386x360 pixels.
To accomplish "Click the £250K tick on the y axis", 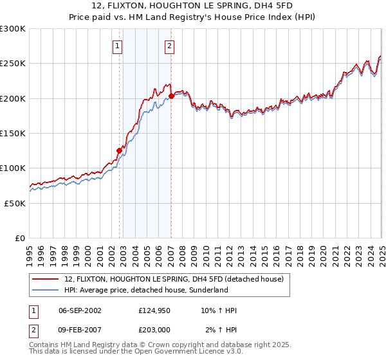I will [x=13, y=64].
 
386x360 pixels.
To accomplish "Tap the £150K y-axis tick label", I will [x=13, y=133].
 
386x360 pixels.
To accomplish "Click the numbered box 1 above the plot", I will [x=118, y=46].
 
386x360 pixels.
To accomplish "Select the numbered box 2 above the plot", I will [x=169, y=46].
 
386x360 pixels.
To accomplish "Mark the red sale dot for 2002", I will [x=119, y=151].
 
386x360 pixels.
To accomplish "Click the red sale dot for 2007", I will [x=171, y=96].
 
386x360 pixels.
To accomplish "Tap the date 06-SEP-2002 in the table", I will [x=80, y=310].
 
